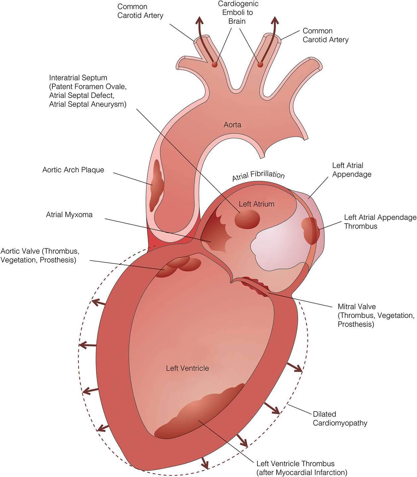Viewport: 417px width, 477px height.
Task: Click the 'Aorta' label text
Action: point(232,125)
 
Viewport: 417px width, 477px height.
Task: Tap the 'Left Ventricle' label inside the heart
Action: point(187,368)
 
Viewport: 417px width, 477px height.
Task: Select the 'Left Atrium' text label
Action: point(256,204)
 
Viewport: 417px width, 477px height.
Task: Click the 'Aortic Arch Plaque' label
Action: point(73,170)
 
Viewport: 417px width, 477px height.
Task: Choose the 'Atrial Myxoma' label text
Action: point(69,215)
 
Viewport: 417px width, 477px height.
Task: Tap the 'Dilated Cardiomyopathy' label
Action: point(340,418)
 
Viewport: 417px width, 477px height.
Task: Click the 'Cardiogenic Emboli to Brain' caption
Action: point(237,13)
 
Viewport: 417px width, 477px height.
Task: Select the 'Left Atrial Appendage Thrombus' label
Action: point(380,222)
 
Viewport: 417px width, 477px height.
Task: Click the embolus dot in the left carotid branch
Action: point(215,65)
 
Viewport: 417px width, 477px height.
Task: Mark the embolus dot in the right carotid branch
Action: point(260,64)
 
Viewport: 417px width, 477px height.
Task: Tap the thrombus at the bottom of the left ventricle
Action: point(199,414)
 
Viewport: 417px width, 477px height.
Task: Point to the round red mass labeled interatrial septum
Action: point(247,220)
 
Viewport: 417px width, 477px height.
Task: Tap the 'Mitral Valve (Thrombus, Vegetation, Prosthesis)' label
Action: point(376,315)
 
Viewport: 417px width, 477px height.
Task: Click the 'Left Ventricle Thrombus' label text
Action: point(302,468)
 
